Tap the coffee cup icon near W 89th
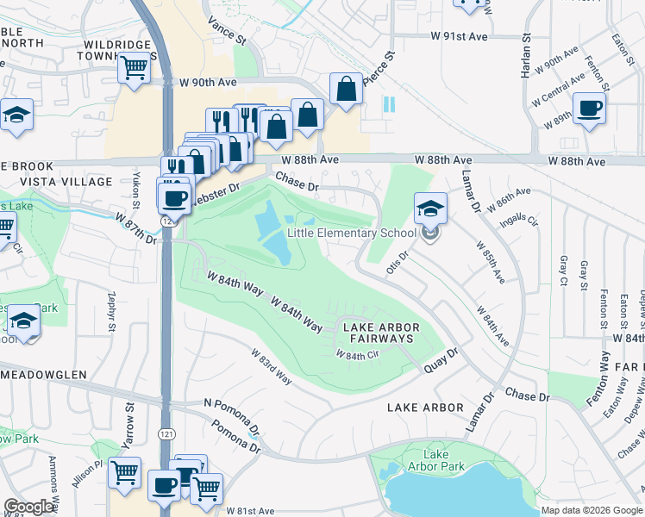(x=589, y=109)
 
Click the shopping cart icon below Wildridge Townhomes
(x=135, y=67)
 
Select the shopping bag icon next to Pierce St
(x=346, y=89)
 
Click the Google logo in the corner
(x=29, y=507)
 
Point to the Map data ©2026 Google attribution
(x=591, y=510)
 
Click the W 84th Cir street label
(x=358, y=355)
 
